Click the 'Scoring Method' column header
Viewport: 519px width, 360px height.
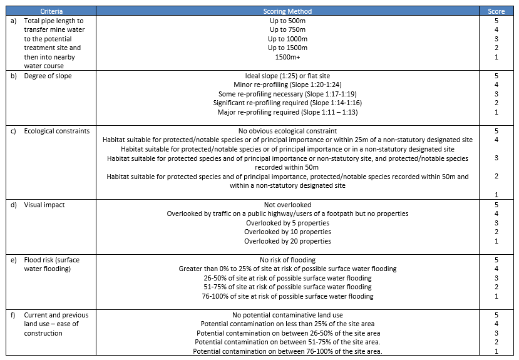pyautogui.click(x=287, y=11)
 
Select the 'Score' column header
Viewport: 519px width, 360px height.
pyautogui.click(x=496, y=11)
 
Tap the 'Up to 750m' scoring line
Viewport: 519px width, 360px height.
pyautogui.click(x=287, y=29)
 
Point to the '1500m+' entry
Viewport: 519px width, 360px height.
pyautogui.click(x=287, y=57)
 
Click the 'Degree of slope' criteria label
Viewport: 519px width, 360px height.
pyautogui.click(x=48, y=76)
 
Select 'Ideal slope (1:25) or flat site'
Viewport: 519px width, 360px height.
pyautogui.click(x=287, y=76)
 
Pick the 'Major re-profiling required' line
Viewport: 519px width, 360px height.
pyautogui.click(x=287, y=112)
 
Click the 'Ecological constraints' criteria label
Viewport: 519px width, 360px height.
pyautogui.click(x=56, y=131)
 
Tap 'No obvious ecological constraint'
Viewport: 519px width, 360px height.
pyautogui.click(x=287, y=131)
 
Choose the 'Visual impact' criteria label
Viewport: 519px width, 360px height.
pyautogui.click(x=44, y=204)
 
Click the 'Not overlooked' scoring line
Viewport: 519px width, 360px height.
pyautogui.click(x=287, y=204)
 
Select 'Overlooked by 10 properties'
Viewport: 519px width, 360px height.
pyautogui.click(x=287, y=232)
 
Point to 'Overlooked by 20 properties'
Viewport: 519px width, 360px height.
pyautogui.click(x=287, y=241)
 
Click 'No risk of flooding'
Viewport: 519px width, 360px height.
pyautogui.click(x=287, y=259)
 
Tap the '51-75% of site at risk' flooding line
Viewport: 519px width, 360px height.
pyautogui.click(x=287, y=287)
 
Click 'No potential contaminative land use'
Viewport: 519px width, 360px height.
pyautogui.click(x=287, y=315)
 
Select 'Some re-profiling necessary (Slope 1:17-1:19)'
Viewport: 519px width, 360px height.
pyautogui.click(x=287, y=94)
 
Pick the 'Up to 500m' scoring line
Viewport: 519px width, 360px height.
pyautogui.click(x=287, y=20)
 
